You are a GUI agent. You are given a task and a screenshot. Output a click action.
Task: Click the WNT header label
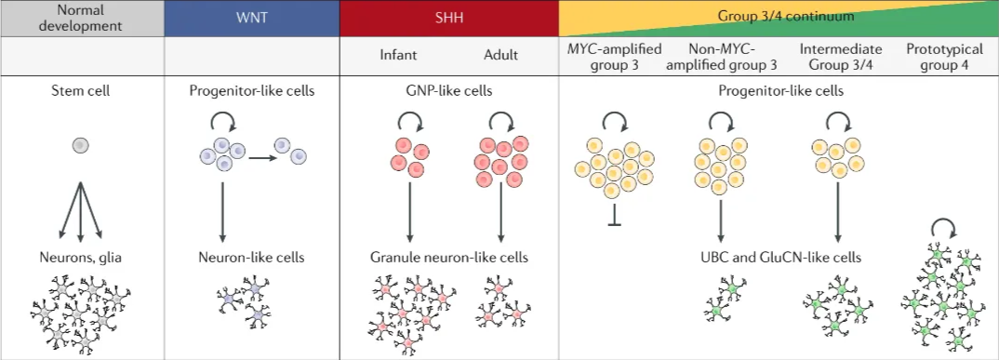click(x=251, y=18)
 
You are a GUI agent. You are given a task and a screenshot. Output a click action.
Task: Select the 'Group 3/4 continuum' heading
click(x=777, y=17)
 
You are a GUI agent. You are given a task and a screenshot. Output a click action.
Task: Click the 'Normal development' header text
click(x=82, y=18)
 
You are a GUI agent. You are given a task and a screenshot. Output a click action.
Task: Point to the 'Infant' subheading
click(x=400, y=55)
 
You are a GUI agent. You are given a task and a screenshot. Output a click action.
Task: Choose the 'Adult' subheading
click(x=500, y=55)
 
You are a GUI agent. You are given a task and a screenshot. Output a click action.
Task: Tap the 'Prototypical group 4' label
click(x=942, y=55)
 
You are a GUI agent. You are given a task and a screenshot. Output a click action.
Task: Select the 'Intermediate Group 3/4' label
click(x=840, y=55)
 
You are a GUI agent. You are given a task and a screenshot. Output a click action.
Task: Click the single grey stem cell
click(x=81, y=145)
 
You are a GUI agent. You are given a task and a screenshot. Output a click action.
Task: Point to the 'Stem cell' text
click(x=82, y=91)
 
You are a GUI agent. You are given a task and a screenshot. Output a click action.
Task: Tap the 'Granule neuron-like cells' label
click(x=449, y=257)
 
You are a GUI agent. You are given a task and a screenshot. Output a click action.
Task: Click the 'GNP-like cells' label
click(x=450, y=91)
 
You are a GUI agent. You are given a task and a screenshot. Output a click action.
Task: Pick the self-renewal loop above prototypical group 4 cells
click(x=944, y=228)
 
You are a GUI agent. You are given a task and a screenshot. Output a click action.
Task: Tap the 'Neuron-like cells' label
click(x=251, y=257)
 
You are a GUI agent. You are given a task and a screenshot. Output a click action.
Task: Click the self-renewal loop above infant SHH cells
click(x=410, y=121)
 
